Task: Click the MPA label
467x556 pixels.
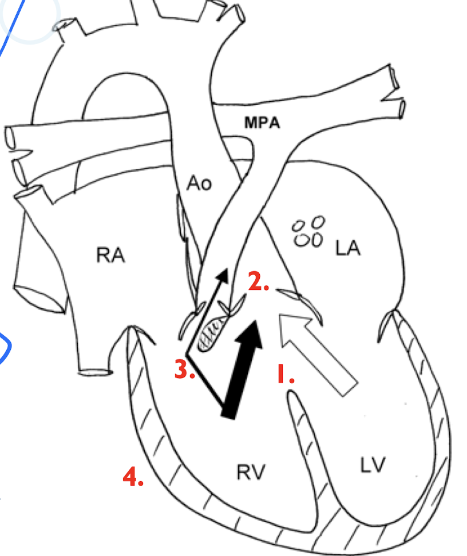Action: [x=263, y=122]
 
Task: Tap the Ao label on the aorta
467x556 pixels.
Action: [x=199, y=183]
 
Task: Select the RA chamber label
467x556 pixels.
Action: [x=110, y=256]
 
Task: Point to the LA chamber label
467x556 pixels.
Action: [x=348, y=248]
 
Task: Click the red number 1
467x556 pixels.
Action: [x=285, y=374]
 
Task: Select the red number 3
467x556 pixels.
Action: [x=185, y=370]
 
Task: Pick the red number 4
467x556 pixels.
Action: [x=133, y=476]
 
